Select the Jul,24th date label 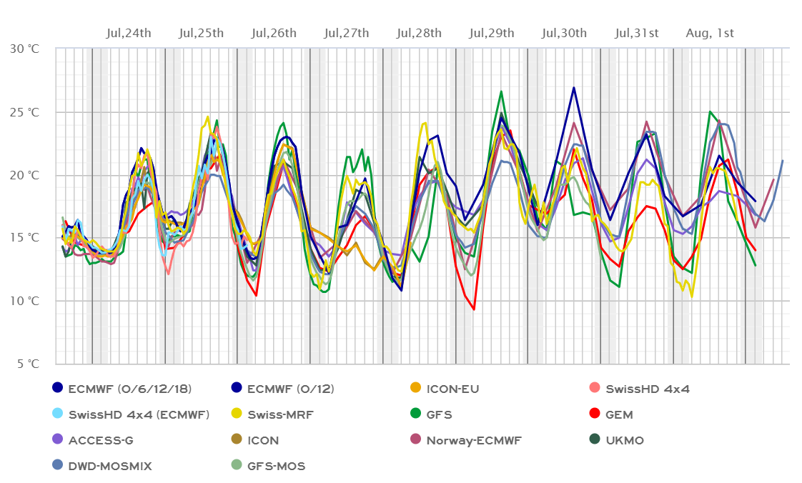[129, 33]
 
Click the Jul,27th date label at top [347, 33]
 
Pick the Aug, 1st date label [710, 33]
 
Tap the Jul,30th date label [565, 33]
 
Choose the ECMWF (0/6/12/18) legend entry [129, 389]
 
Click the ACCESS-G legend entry [101, 440]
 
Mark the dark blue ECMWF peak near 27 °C [574, 87]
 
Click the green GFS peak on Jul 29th [501, 91]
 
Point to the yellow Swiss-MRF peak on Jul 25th [208, 117]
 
